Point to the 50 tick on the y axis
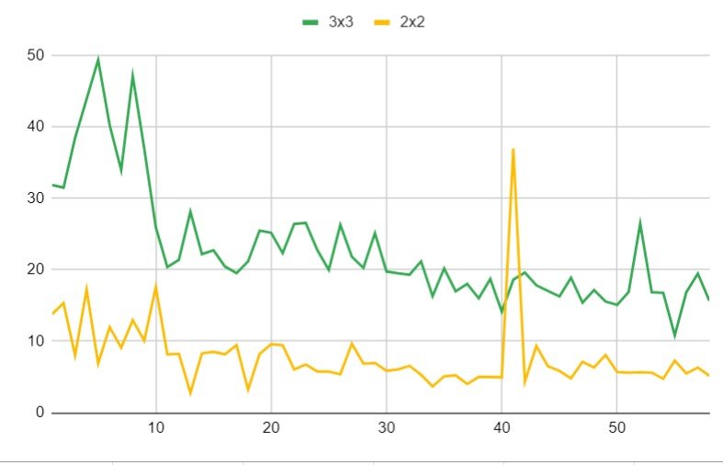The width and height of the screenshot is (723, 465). tap(37, 55)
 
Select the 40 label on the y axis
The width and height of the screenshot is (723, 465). tap(37, 127)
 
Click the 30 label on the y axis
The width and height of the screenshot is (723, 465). tap(37, 198)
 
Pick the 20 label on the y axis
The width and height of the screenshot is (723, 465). tap(37, 269)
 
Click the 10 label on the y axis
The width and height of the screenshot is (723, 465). tap(37, 341)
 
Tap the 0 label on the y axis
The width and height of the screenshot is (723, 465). tap(41, 413)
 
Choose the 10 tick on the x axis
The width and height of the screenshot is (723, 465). tap(156, 428)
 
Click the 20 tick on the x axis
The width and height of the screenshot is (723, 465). tap(271, 428)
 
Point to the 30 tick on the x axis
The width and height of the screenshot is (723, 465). tap(386, 428)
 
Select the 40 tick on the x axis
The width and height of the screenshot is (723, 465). tap(502, 428)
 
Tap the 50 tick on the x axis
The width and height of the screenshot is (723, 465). tap(616, 428)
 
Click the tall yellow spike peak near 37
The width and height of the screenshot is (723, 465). tap(513, 149)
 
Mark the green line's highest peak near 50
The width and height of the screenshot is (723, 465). tap(98, 59)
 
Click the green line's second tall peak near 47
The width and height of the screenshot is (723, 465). tap(133, 74)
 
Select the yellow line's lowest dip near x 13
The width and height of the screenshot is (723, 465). tap(190, 393)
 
